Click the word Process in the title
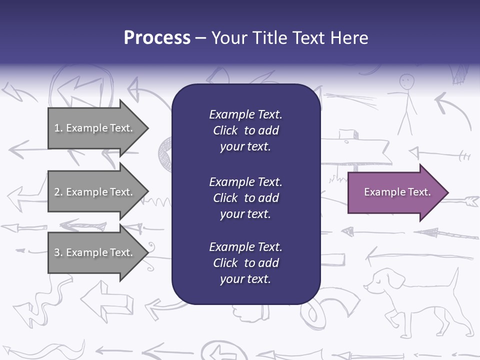pyautogui.click(x=157, y=38)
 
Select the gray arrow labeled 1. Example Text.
pyautogui.click(x=95, y=128)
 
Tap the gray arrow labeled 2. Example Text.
pyautogui.click(x=95, y=192)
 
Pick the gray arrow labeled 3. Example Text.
pyautogui.click(x=95, y=252)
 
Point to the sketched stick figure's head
pyautogui.click(x=407, y=80)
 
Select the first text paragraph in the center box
pyautogui.click(x=245, y=130)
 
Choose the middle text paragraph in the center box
pyautogui.click(x=245, y=198)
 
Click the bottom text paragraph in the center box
pyautogui.click(x=245, y=263)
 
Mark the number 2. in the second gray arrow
pyautogui.click(x=58, y=192)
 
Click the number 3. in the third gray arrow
pyautogui.click(x=58, y=252)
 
